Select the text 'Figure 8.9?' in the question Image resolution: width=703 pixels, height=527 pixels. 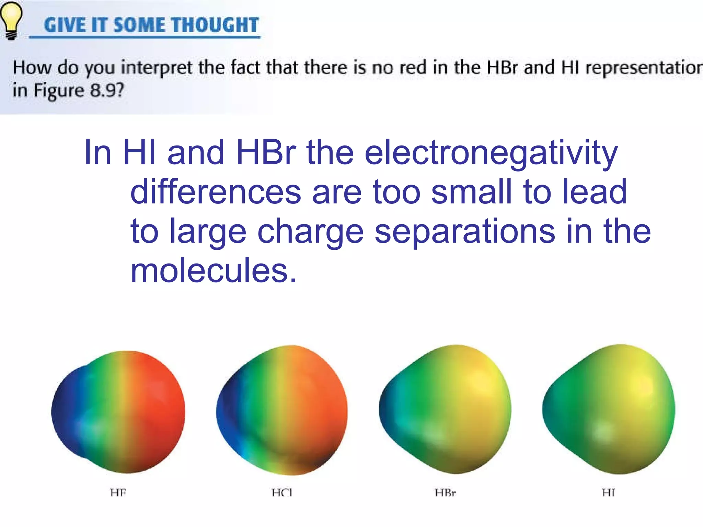point(79,91)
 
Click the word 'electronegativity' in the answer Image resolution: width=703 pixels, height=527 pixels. point(491,153)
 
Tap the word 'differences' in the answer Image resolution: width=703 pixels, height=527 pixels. point(216,192)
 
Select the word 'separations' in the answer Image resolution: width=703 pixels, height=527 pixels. point(464,232)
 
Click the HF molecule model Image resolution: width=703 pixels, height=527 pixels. point(118,412)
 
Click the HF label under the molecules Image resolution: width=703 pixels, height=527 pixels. point(118,493)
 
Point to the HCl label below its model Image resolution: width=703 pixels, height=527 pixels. point(282,493)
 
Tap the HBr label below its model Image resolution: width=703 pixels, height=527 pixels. point(445,493)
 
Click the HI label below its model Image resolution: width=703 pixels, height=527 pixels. point(609,493)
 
